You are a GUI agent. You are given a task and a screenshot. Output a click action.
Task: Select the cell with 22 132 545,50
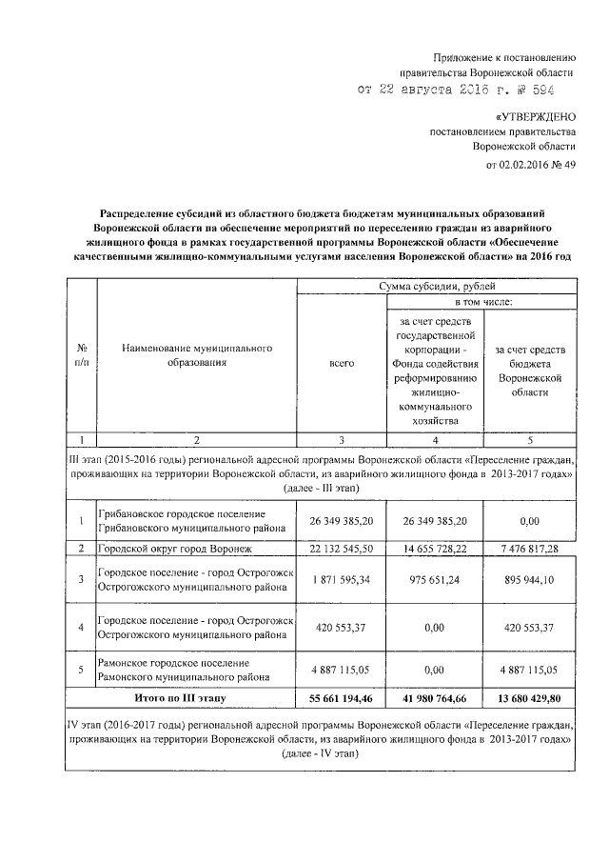pyautogui.click(x=342, y=549)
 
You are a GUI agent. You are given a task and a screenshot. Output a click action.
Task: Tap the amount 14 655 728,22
pyautogui.click(x=435, y=549)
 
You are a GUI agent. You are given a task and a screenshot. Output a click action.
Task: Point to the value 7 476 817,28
pyautogui.click(x=530, y=549)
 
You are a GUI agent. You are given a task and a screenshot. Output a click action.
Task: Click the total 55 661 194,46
pyautogui.click(x=342, y=698)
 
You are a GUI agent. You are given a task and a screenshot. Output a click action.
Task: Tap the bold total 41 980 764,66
pyautogui.click(x=435, y=698)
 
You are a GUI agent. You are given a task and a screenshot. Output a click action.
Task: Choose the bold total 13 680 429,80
pyautogui.click(x=530, y=698)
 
